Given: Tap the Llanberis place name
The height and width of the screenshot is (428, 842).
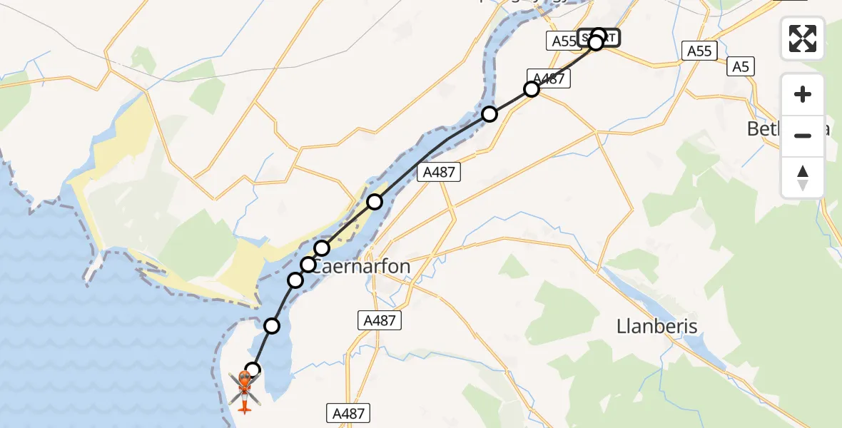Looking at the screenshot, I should tap(656, 327).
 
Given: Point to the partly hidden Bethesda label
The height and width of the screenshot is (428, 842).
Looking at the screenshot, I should tap(764, 129).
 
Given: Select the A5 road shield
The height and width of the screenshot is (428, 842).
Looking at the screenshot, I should tap(741, 68).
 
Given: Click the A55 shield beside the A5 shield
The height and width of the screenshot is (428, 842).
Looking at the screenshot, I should tap(699, 51).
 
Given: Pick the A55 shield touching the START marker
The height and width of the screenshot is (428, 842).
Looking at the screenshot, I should tap(563, 41).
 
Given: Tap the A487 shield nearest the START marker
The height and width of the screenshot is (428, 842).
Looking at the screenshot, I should tap(549, 78).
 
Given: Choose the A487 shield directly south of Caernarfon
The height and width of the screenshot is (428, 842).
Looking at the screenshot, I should tap(379, 321).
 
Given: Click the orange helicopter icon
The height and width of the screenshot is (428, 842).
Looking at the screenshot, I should tap(245, 391).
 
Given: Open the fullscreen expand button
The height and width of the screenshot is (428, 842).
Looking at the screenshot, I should tap(803, 38).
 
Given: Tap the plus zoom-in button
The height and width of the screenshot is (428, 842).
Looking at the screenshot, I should tap(803, 94).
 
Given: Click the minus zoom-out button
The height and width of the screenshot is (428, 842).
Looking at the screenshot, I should tap(803, 136).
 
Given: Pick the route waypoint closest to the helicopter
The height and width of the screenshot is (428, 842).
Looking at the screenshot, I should tap(253, 370).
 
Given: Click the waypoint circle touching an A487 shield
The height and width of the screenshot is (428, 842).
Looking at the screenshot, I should tap(532, 89).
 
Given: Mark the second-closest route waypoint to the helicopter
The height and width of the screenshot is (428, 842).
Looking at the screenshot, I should tap(272, 326).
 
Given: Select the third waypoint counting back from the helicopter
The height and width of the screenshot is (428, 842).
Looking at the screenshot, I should tap(295, 280).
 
